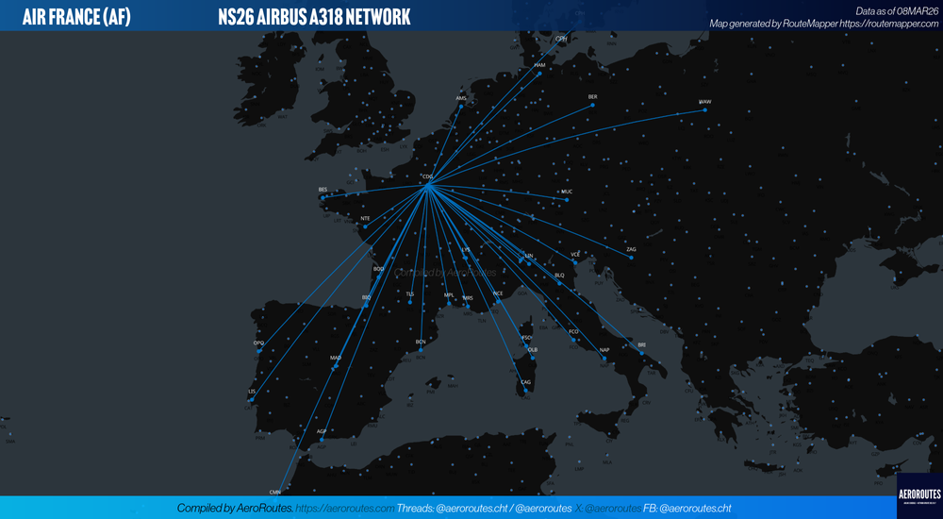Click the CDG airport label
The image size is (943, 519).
pos(427,176)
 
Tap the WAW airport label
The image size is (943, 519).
pos(704,102)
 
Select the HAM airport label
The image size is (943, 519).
pos(539,65)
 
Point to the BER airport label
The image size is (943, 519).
pos(592,96)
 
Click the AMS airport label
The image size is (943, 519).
pos(461,98)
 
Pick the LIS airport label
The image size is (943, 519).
pos(252,391)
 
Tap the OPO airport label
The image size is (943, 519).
pos(258,343)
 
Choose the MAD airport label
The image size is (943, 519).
pos(336,359)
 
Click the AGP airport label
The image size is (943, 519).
pos(322,431)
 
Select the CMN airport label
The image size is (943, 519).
pos(275,492)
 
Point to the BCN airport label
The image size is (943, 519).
pos(421,342)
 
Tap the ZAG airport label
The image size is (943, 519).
pos(631,249)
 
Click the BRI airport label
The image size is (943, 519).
pos(642,345)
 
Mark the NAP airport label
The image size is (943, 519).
pos(604,350)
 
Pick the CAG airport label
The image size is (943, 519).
pos(525,382)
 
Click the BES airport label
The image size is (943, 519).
pos(323,190)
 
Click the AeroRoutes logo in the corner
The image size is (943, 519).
pos(919,495)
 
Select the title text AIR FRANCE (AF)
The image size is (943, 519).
pos(76,16)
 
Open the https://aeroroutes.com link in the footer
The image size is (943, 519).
pos(345,508)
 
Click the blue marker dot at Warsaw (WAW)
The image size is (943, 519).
pos(704,110)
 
